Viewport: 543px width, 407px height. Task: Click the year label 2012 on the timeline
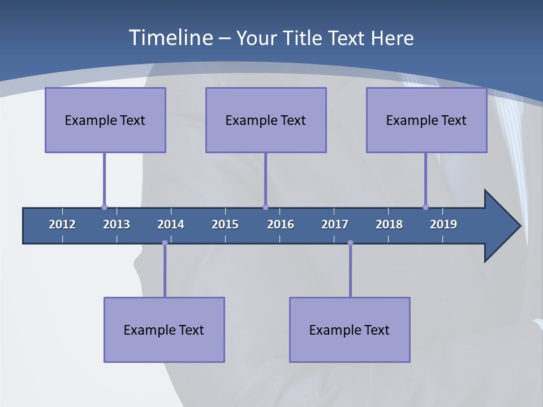coord(62,224)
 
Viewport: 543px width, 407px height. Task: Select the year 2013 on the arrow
coord(117,224)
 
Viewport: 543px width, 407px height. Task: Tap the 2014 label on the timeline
coord(171,224)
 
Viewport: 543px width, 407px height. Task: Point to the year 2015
coord(225,224)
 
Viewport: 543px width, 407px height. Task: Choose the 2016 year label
coord(281,224)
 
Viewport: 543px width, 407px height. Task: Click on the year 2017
coord(335,224)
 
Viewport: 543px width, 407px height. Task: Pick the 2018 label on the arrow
coord(389,224)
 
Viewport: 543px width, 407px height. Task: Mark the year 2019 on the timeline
coord(443,224)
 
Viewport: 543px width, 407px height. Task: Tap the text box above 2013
coord(105,120)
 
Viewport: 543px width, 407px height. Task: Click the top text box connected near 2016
coord(266,120)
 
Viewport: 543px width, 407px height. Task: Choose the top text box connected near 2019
coord(426,120)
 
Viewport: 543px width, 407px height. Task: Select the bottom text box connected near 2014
coord(164,330)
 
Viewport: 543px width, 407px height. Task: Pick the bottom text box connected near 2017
coord(350,330)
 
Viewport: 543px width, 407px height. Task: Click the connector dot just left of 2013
coord(104,207)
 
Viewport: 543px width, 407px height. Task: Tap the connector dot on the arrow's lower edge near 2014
coord(165,243)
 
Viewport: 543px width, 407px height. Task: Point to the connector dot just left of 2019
coord(425,207)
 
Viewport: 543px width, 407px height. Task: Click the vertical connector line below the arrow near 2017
coord(350,271)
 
